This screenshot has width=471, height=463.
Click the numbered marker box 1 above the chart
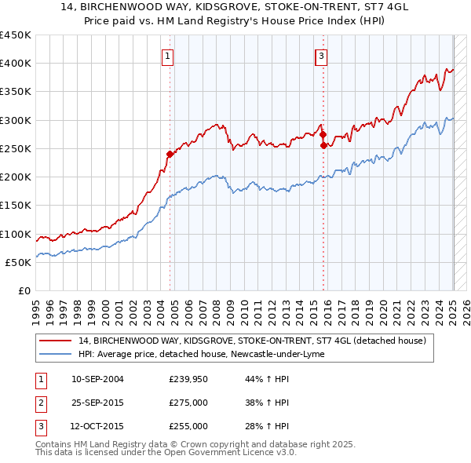coord(169,56)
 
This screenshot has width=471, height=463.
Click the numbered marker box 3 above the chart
coord(321,56)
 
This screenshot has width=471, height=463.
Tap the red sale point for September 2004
coord(170,154)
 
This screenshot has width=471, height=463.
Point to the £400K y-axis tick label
coord(16,64)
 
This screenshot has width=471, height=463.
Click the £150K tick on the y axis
coord(16,206)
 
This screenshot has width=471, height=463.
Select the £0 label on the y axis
coord(23,291)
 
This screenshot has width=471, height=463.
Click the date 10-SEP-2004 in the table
coord(97,380)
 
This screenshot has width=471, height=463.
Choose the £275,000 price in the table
coord(188,403)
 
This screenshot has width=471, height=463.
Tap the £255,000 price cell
coord(188,426)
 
